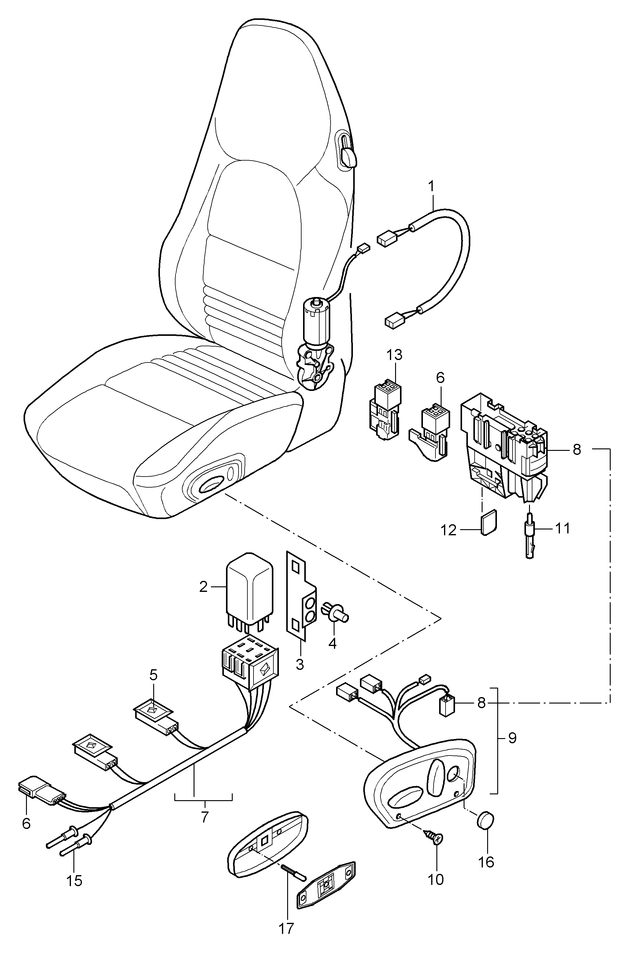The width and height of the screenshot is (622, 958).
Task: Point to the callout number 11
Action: pyautogui.click(x=562, y=528)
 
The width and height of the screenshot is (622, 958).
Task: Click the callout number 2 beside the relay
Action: pyautogui.click(x=203, y=587)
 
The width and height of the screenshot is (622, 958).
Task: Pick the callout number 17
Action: pyautogui.click(x=287, y=940)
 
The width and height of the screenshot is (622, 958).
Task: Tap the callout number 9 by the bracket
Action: pyautogui.click(x=512, y=738)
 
